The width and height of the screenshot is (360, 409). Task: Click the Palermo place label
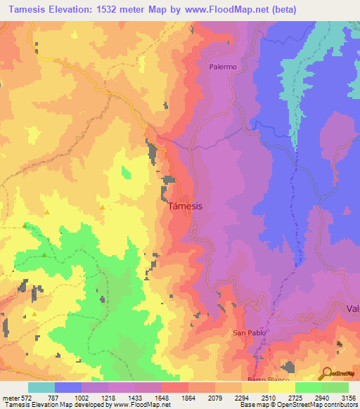(x=222, y=67)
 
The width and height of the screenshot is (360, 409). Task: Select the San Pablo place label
(x=247, y=333)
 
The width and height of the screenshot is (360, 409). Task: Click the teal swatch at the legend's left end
(x=41, y=387)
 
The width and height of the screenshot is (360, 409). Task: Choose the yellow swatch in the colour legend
(x=281, y=387)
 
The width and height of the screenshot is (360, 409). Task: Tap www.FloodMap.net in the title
(x=220, y=9)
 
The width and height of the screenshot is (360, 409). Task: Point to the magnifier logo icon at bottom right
(x=325, y=373)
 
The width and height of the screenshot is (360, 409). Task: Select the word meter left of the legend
(x=10, y=398)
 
